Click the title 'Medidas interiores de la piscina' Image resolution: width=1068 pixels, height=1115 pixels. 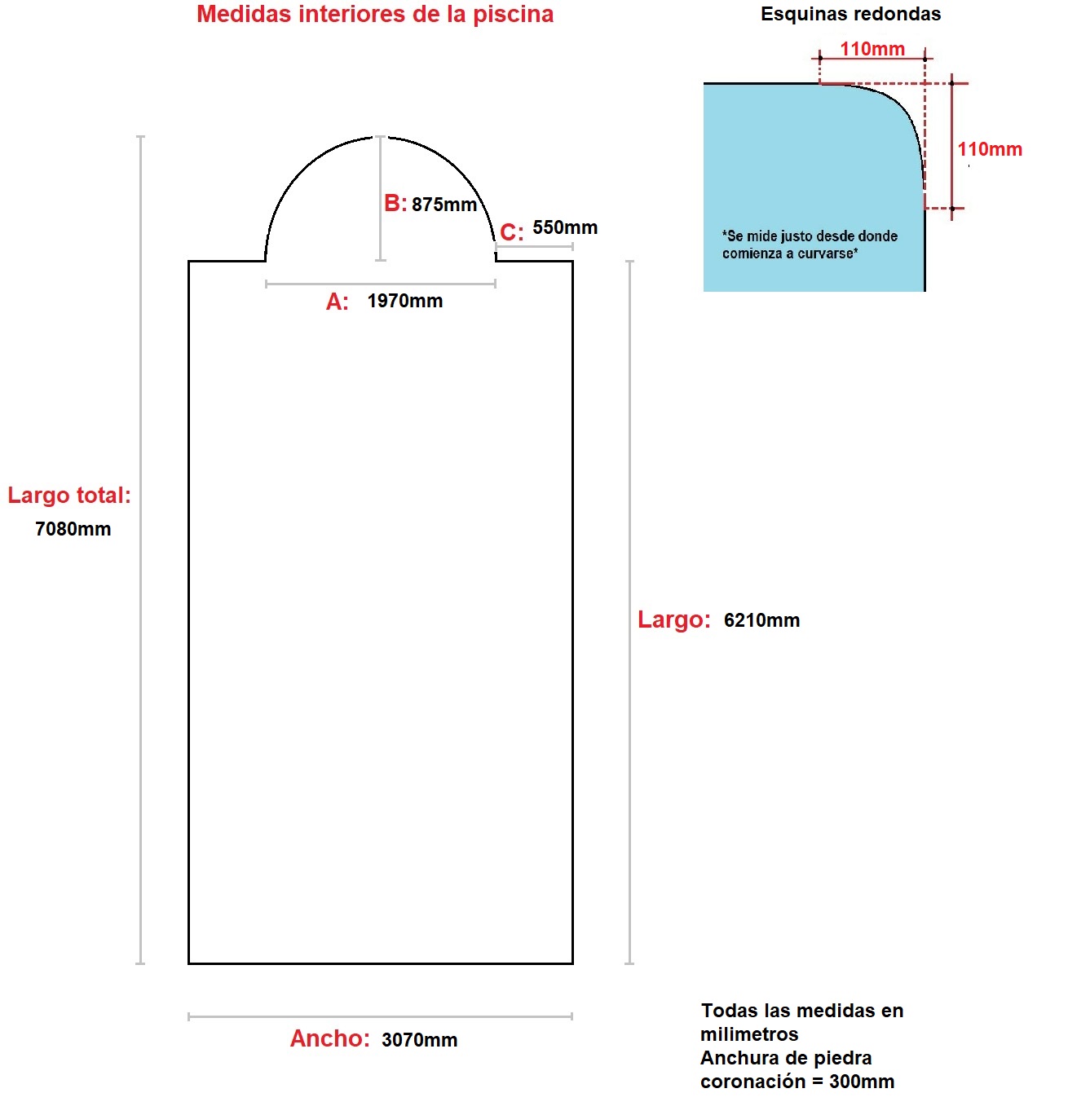click(x=375, y=15)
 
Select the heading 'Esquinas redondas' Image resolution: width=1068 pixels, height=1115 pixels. click(x=850, y=14)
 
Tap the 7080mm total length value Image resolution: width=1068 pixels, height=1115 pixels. click(x=73, y=529)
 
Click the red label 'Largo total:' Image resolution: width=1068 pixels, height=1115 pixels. click(x=69, y=495)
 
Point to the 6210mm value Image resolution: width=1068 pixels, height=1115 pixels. click(x=761, y=620)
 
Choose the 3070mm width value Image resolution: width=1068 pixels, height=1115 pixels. click(x=419, y=1040)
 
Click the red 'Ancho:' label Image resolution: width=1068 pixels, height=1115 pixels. click(x=329, y=1038)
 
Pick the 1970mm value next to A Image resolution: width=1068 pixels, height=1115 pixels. click(x=404, y=301)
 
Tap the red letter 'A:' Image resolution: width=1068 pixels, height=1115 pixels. click(x=337, y=302)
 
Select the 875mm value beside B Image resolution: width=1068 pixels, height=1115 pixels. click(x=444, y=205)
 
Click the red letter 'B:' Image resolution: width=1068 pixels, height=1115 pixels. click(x=395, y=204)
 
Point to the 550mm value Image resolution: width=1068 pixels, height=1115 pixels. click(x=565, y=227)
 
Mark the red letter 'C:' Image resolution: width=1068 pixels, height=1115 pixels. click(x=511, y=232)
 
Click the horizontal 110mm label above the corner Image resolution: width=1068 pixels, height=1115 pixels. click(x=872, y=49)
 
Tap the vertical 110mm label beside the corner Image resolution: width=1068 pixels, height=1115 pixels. click(x=990, y=149)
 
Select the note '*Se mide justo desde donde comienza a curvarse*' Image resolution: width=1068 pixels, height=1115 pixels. click(x=810, y=245)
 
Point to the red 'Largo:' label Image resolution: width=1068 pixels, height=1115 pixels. click(x=674, y=619)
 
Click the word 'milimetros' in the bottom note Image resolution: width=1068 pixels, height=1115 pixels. click(x=748, y=1034)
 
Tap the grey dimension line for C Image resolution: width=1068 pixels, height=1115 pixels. click(x=534, y=247)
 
